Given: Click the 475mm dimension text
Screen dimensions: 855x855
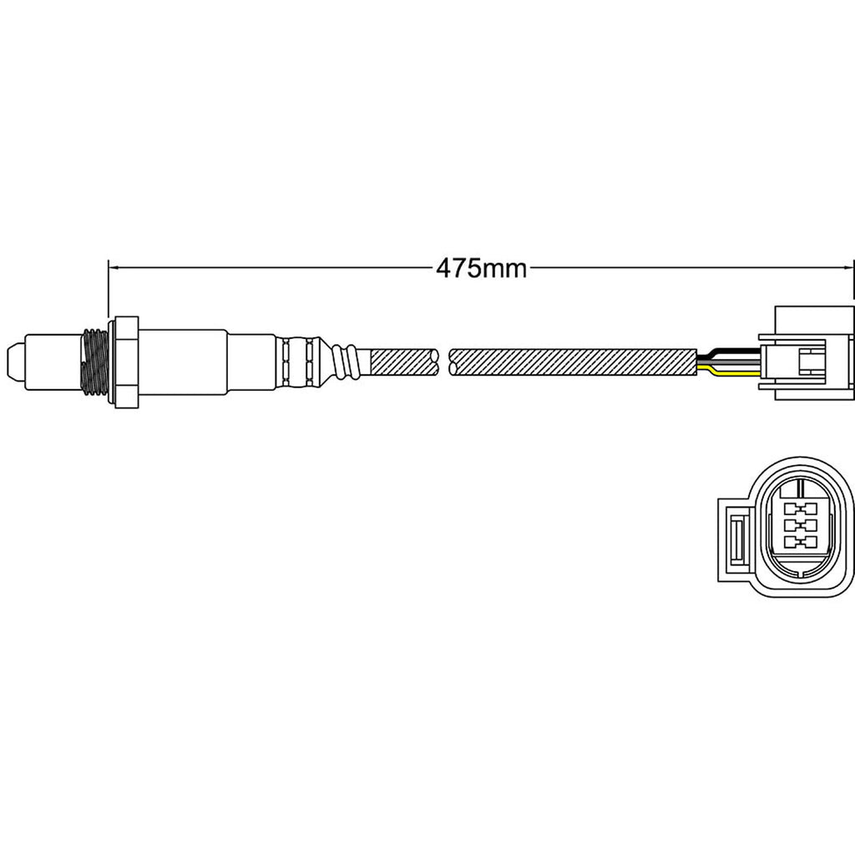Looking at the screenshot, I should tap(481, 268).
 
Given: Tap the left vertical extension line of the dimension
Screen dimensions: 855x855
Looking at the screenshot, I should tap(109, 292).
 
